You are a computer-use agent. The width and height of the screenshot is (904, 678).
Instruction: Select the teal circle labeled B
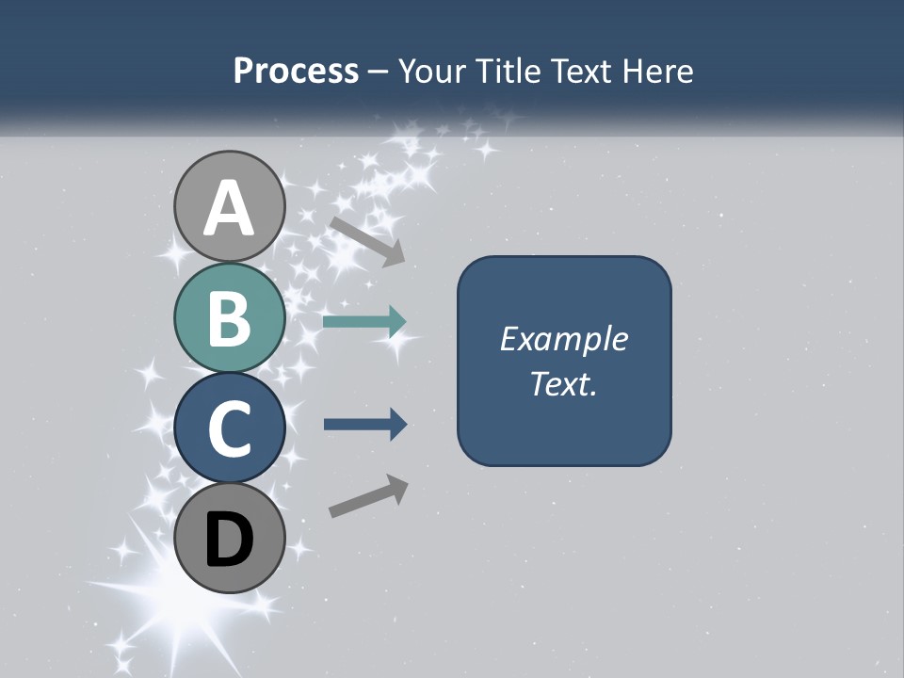tap(229, 317)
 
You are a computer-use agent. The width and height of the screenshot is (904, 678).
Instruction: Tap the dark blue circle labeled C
tap(229, 428)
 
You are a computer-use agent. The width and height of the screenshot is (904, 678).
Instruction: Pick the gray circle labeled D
tap(229, 539)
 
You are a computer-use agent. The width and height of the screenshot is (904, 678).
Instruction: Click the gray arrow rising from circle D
tap(368, 496)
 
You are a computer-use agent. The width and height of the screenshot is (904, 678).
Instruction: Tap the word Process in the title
tap(296, 72)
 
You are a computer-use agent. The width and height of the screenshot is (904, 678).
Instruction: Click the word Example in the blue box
tap(563, 339)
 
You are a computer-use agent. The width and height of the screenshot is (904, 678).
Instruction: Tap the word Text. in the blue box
tap(563, 383)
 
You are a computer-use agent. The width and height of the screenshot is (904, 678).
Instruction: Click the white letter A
tap(229, 209)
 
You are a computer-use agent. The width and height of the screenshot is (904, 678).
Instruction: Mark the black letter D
tap(229, 541)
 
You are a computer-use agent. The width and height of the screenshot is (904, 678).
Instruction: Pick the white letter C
tap(229, 429)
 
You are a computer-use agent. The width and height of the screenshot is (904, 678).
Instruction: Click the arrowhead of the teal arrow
tap(396, 322)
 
